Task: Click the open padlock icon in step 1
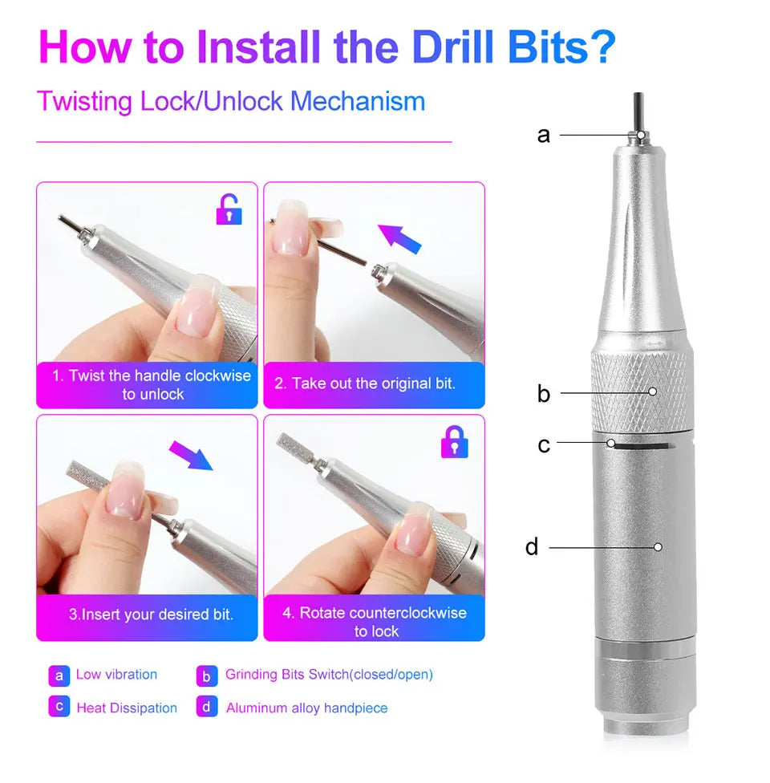[229, 209]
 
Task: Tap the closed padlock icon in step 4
[455, 442]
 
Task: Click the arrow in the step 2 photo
[399, 239]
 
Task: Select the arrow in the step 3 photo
[191, 455]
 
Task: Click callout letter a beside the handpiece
[543, 135]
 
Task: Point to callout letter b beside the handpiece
[543, 393]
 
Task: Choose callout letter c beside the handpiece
[544, 445]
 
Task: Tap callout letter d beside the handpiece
[532, 546]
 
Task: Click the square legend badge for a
[59, 675]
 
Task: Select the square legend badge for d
[207, 707]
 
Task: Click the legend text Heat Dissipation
[127, 708]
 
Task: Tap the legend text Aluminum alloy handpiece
[306, 708]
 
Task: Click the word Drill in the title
[453, 47]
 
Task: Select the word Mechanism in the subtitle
[358, 101]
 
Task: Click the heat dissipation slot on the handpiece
[642, 445]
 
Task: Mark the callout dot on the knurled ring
[652, 391]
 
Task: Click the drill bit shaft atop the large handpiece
[638, 112]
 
